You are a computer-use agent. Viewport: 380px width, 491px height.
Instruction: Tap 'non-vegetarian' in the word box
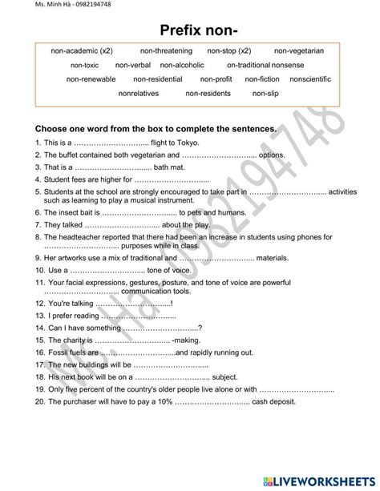(x=298, y=50)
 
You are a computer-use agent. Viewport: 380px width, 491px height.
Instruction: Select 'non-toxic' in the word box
(x=84, y=65)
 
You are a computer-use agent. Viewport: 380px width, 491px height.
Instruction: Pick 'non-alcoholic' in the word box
(x=182, y=65)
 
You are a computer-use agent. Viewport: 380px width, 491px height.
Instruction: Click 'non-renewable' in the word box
(x=91, y=79)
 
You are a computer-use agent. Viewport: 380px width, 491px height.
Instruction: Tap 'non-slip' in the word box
(x=265, y=94)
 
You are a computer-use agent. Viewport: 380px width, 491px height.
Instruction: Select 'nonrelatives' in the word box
(x=138, y=94)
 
